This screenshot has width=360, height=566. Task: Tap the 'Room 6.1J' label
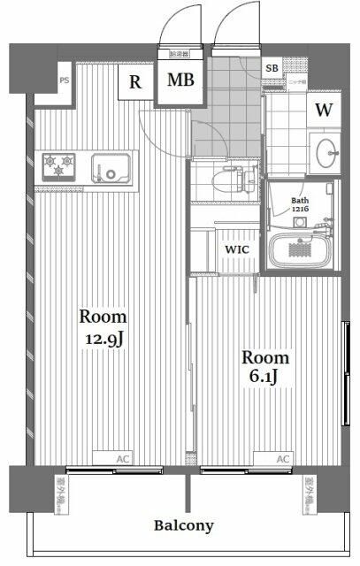pyautogui.click(x=265, y=367)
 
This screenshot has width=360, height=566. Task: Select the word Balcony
pyautogui.click(x=184, y=525)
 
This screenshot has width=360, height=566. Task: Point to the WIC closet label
pyautogui.click(x=236, y=249)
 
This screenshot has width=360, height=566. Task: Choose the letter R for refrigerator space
pyautogui.click(x=135, y=82)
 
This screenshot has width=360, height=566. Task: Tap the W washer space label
pyautogui.click(x=324, y=110)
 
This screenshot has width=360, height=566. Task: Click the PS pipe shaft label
pyautogui.click(x=64, y=80)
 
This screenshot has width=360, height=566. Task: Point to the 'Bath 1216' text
pyautogui.click(x=302, y=206)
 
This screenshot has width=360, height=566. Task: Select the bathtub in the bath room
pyautogui.click(x=301, y=249)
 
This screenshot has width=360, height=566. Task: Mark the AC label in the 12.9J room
pyautogui.click(x=124, y=459)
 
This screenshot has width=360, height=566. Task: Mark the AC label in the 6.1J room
pyautogui.click(x=283, y=459)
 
